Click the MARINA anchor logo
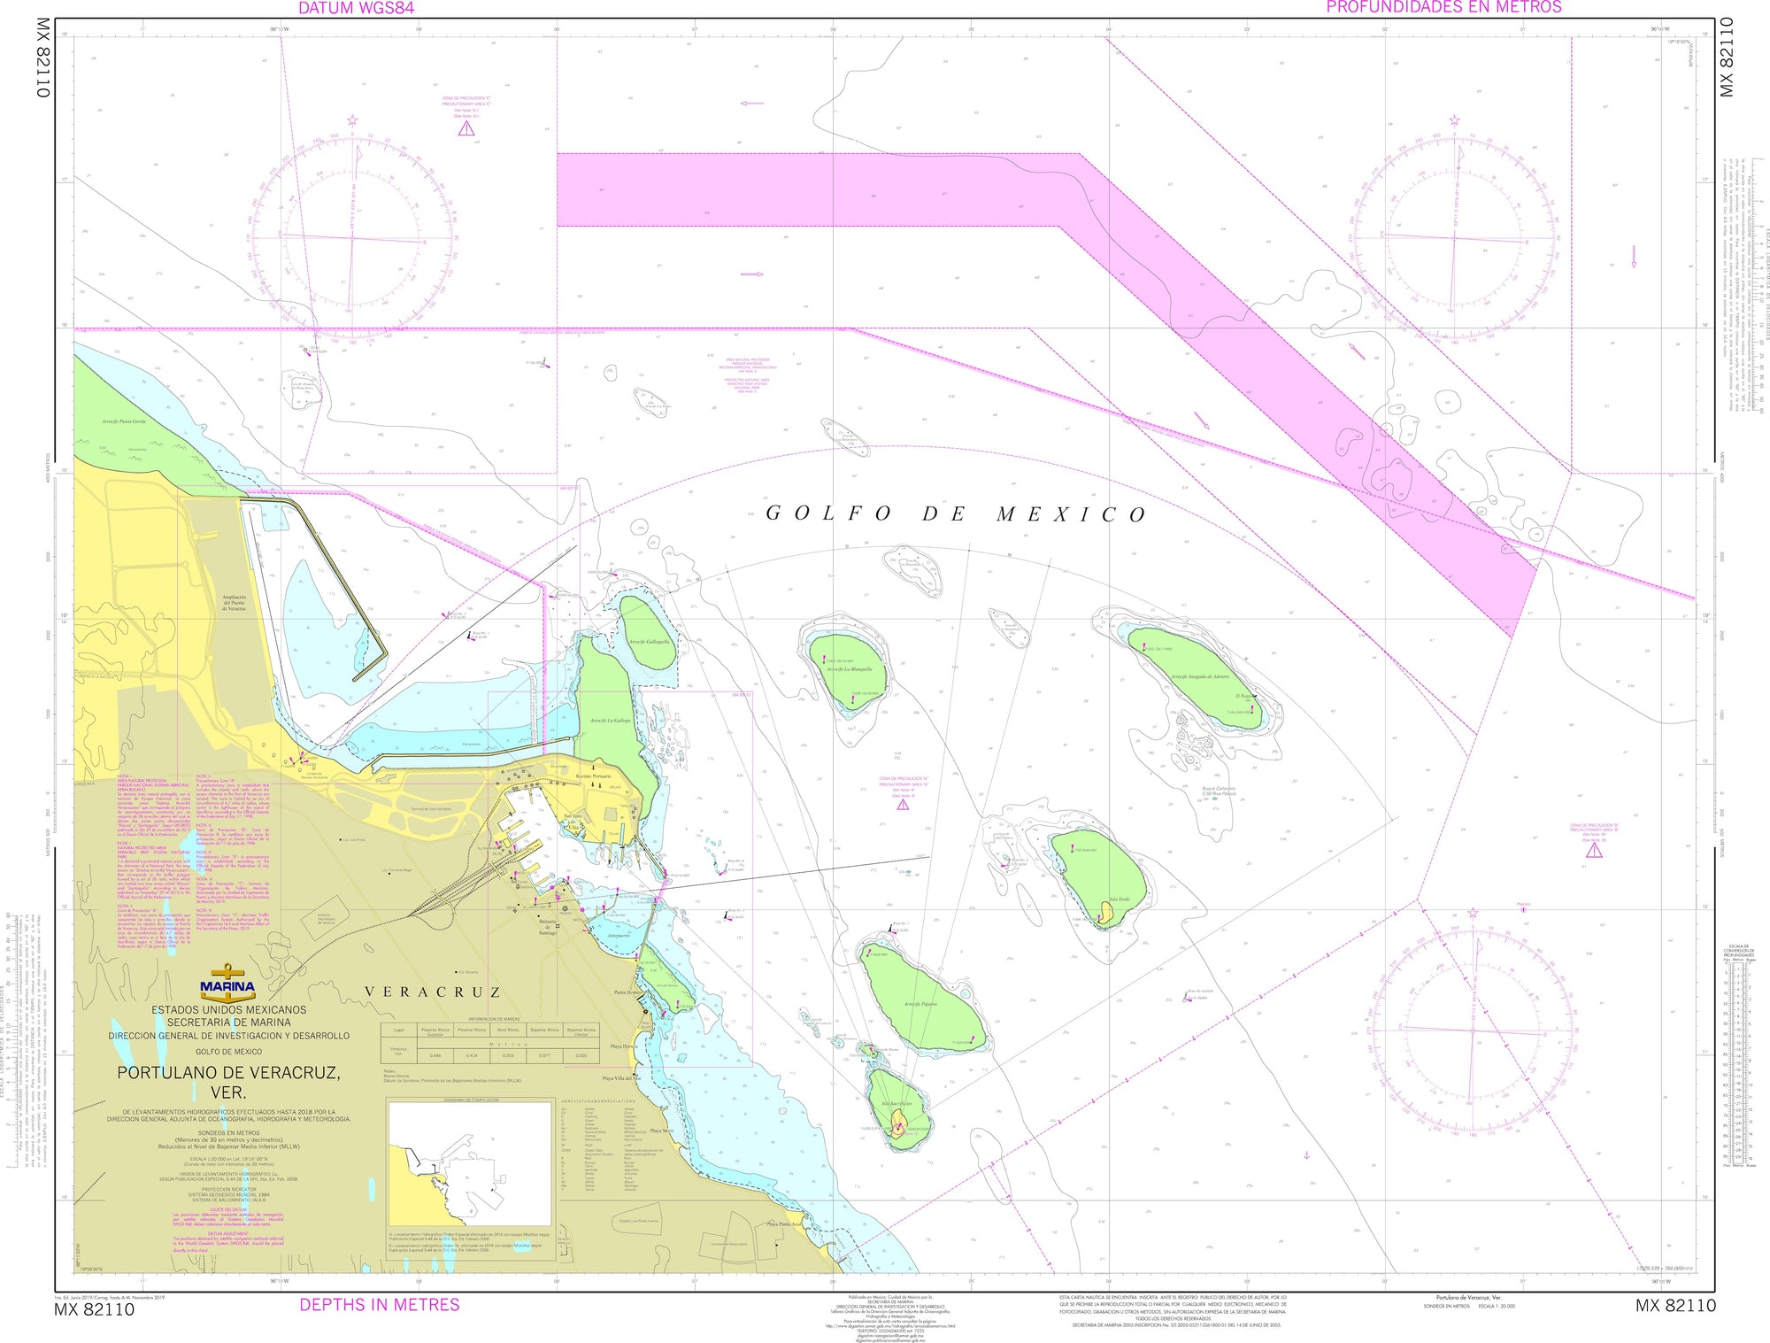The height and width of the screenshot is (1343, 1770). [x=227, y=983]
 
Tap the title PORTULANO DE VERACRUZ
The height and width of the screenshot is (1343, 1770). [x=228, y=1072]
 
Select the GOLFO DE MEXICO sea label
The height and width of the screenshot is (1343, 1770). [x=956, y=514]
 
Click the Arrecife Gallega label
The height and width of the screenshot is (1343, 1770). [x=610, y=721]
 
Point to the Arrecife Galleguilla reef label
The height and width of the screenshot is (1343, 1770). [x=649, y=642]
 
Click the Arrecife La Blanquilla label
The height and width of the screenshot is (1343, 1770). [x=849, y=669]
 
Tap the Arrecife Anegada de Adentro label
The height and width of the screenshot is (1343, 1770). [x=1199, y=677]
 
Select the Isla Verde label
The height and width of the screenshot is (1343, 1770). [x=1119, y=899]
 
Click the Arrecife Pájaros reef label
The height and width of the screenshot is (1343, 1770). [x=920, y=1004]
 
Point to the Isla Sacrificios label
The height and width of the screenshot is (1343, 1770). [x=897, y=1104]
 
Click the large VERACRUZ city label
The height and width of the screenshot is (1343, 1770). [x=433, y=992]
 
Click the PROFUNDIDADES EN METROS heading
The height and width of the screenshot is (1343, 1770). [x=1443, y=7]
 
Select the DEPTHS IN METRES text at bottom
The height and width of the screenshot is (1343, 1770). [x=380, y=1304]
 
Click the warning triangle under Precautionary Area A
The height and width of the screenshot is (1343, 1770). [x=903, y=805]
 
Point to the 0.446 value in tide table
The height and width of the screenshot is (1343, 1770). [x=435, y=1055]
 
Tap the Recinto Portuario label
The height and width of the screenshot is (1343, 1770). [x=593, y=776]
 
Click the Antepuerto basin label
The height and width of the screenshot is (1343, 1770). [x=619, y=935]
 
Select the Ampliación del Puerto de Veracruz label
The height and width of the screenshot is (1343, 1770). [x=234, y=603]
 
